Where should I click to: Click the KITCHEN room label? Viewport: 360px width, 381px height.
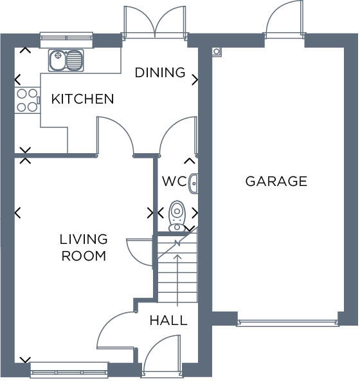(82, 99)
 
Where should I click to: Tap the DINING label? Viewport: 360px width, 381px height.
(159, 73)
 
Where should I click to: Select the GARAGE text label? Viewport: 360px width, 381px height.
(276, 181)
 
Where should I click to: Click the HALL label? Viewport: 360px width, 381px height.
(168, 321)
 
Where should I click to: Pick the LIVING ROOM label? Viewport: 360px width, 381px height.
(83, 248)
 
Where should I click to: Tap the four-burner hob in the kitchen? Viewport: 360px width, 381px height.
(27, 100)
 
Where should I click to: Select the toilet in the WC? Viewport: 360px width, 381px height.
(176, 216)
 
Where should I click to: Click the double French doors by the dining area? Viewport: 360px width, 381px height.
(155, 22)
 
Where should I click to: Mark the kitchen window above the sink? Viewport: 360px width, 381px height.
(67, 39)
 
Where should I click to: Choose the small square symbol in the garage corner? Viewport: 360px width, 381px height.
(217, 51)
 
